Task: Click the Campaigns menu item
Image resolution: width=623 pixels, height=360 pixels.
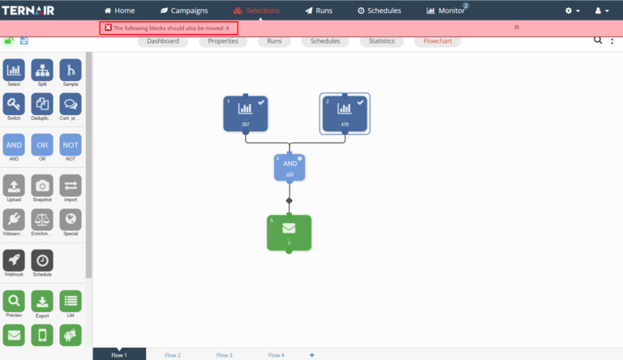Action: (184, 11)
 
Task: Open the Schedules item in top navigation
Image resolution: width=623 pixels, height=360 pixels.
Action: (379, 11)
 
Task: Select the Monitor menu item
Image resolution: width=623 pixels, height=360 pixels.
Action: (446, 11)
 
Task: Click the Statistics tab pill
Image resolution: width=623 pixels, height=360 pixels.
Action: (381, 41)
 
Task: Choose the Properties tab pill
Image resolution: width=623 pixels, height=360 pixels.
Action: (223, 41)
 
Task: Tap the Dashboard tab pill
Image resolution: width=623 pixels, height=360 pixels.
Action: (162, 41)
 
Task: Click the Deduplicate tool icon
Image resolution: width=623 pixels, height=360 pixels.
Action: (42, 105)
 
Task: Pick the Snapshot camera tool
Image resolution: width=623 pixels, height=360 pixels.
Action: (42, 186)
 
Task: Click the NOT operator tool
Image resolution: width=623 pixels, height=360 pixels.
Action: (71, 145)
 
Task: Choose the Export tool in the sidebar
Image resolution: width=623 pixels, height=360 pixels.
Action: (42, 302)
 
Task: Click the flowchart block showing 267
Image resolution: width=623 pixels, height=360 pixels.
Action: (245, 114)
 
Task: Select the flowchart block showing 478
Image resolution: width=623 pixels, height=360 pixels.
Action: (345, 114)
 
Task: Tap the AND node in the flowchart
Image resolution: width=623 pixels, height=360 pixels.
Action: (290, 166)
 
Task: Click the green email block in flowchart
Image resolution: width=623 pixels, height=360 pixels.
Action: (289, 233)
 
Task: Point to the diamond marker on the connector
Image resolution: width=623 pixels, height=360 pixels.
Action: (289, 200)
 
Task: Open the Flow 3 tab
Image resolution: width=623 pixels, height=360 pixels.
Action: (224, 355)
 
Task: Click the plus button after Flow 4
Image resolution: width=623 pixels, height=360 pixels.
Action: (311, 355)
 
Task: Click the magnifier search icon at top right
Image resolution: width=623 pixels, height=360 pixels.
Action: (598, 40)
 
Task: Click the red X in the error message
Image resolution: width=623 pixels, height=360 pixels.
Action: (108, 28)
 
